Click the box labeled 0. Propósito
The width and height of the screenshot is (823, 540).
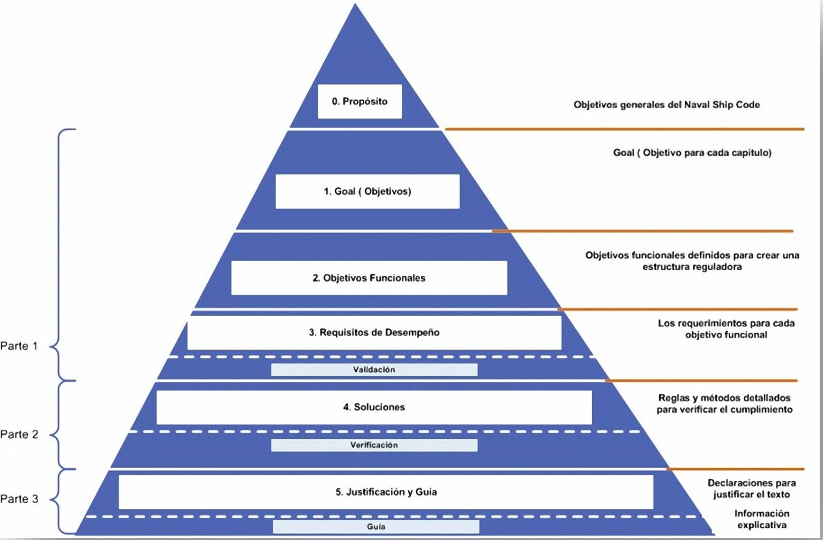pos(360,101)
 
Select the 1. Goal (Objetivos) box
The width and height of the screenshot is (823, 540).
pos(367,191)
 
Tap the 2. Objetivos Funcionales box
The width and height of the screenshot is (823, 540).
pos(369,278)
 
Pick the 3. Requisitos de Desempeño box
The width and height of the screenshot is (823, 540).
pos(374,332)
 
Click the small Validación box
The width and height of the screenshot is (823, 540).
pos(374,369)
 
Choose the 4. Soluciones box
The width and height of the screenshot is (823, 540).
pos(374,407)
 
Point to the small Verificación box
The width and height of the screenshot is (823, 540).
pos(374,445)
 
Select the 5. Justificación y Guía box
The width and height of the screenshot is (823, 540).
pos(386,492)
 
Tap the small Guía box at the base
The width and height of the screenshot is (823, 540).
pos(376,527)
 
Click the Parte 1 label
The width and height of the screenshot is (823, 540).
pos(19,346)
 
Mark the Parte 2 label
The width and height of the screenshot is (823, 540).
pos(19,434)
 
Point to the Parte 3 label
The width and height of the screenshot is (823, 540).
pos(19,499)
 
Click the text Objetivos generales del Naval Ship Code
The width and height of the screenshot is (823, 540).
pos(667,104)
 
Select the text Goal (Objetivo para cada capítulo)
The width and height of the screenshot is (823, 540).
pos(692,153)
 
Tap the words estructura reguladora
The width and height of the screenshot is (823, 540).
pos(692,267)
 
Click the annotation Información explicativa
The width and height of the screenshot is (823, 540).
pos(761,519)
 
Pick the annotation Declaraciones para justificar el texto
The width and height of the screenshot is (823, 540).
pos(751,489)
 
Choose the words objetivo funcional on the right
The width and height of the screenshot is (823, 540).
pos(726,334)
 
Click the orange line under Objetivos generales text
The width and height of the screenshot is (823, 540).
pos(624,129)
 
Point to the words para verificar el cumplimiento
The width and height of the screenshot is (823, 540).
pos(724,409)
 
